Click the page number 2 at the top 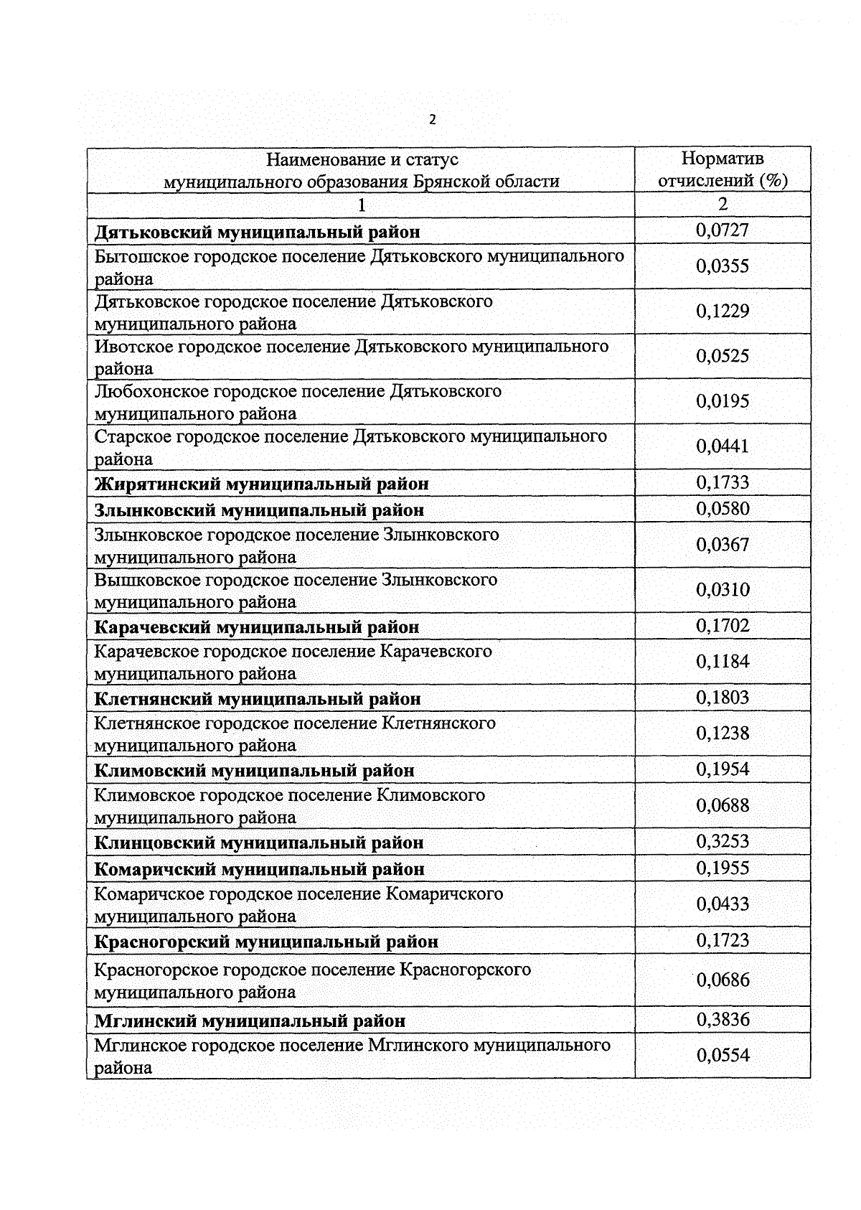(x=432, y=121)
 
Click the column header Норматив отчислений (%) (x=723, y=169)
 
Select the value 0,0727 (x=723, y=230)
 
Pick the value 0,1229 (x=723, y=311)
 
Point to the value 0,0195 (x=723, y=401)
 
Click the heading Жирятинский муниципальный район (x=262, y=484)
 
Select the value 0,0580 (x=723, y=509)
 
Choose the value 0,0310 (x=723, y=590)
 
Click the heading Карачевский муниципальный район (x=257, y=627)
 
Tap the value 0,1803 (x=723, y=698)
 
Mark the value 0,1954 (x=723, y=769)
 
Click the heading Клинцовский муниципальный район (x=259, y=843)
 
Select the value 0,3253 (x=723, y=841)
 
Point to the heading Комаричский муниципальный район (x=260, y=869)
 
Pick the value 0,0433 (x=723, y=904)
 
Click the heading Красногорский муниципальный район (x=266, y=941)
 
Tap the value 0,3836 (x=723, y=1019)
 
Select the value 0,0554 (x=723, y=1055)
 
